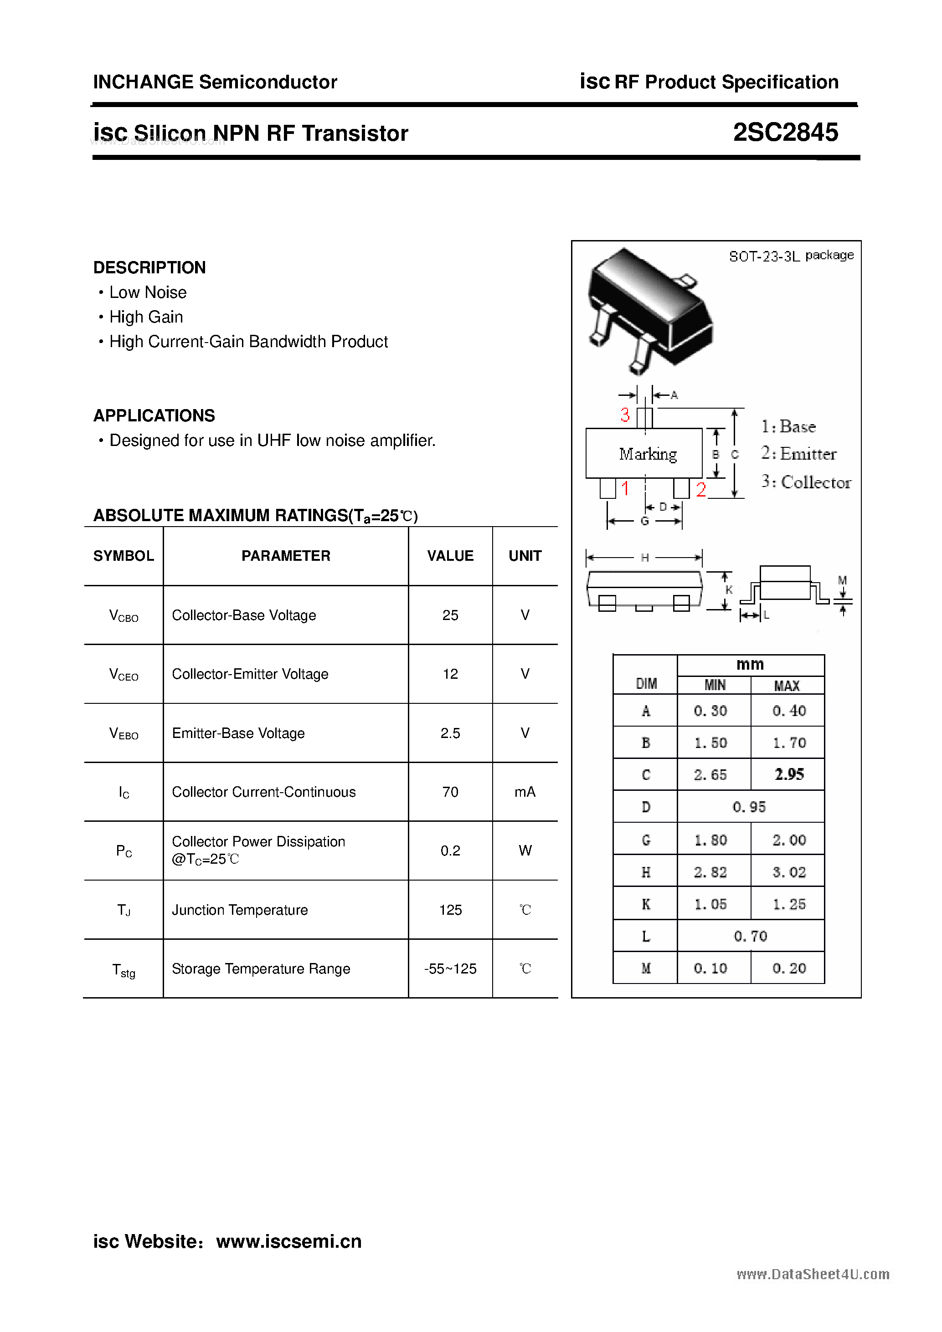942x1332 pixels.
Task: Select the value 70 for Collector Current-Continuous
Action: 450,792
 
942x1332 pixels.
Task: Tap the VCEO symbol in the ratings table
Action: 124,674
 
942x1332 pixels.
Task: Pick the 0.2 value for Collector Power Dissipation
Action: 450,850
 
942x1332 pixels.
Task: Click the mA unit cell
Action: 525,792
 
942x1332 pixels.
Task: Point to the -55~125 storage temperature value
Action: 450,969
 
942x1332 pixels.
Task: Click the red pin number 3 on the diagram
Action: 624,415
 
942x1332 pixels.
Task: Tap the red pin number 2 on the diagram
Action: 700,490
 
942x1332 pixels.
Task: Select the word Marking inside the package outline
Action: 648,454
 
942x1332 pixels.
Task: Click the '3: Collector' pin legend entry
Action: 806,482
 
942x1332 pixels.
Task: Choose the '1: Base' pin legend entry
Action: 789,426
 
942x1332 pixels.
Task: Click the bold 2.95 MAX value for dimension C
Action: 789,774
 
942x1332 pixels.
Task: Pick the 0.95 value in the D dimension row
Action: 749,807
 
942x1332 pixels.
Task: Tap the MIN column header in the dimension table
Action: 715,685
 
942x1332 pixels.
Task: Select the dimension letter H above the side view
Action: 644,558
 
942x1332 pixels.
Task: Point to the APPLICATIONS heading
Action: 154,415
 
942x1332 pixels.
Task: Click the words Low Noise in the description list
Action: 148,292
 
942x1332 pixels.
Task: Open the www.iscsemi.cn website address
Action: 288,1241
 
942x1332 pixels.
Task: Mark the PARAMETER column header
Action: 286,556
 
